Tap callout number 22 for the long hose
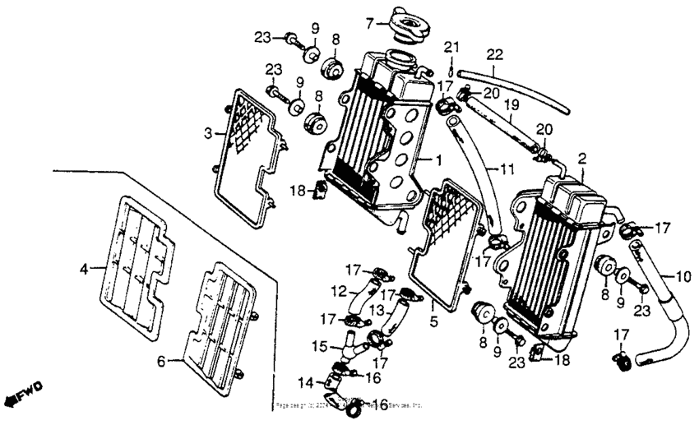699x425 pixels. (493, 53)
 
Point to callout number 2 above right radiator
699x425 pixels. (581, 157)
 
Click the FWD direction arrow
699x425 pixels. (21, 394)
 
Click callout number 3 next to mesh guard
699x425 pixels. (209, 132)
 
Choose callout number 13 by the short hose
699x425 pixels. (375, 310)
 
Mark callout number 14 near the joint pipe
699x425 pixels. (306, 381)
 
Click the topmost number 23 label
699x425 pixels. (262, 36)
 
